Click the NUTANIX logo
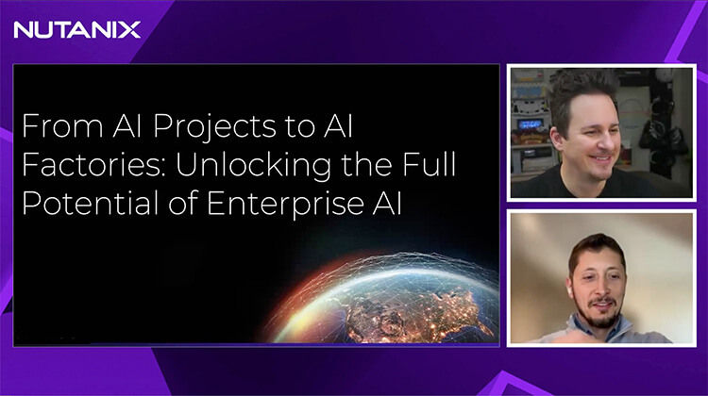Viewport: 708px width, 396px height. point(76,29)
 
